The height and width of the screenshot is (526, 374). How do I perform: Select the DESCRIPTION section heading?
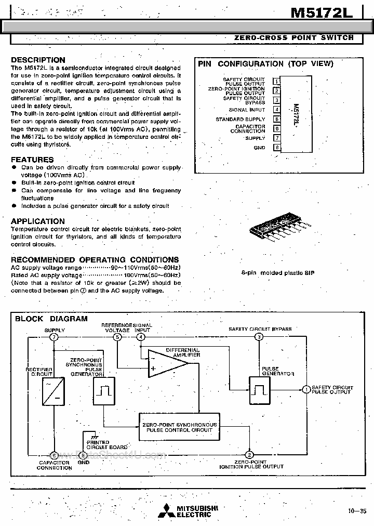point(38,60)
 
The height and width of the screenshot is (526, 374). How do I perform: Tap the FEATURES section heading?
point(32,160)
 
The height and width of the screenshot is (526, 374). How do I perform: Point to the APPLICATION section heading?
point(38,221)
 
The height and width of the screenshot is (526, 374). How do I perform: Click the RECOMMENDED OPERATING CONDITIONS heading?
point(95,259)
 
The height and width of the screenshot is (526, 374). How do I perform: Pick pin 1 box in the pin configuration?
point(277,81)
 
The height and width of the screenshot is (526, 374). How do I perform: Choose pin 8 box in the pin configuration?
point(277,148)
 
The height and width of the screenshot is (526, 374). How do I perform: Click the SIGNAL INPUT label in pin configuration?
point(247,110)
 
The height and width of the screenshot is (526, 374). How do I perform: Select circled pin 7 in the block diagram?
point(54,337)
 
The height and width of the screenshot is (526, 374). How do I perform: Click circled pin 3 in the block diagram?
point(259,337)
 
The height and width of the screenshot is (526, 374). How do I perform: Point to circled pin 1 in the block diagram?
point(306,389)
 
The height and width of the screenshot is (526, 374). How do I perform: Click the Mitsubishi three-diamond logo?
point(167,511)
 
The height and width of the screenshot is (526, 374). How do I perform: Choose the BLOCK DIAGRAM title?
point(51,319)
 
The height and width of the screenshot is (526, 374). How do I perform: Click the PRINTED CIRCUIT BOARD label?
point(106,444)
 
